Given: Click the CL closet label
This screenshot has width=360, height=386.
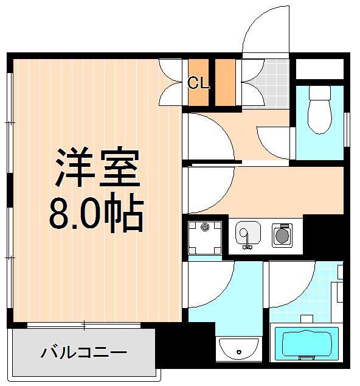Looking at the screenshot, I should [198, 83].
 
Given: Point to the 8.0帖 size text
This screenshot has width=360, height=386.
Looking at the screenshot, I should [95, 214].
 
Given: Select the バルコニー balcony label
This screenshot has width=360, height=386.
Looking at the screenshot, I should [84, 352].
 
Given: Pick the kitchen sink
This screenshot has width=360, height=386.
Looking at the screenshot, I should [248, 235].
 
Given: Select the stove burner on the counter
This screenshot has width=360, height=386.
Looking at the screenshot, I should [282, 235].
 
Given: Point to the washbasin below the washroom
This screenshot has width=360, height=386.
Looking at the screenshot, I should [238, 349].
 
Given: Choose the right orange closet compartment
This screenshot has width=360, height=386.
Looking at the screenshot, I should [226, 82].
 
